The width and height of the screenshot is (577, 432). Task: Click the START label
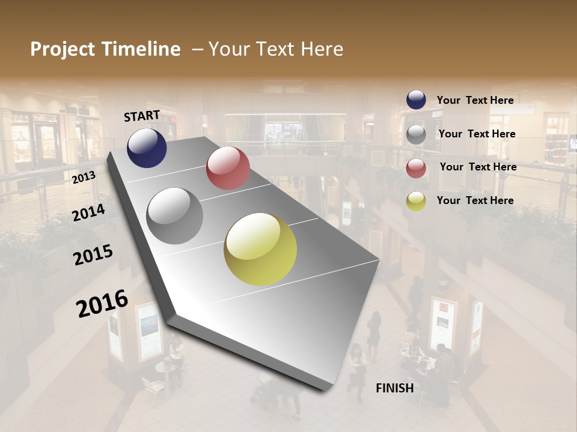pos(142,116)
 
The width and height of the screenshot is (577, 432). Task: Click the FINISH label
pos(394,388)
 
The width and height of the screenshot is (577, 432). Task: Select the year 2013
pos(84,177)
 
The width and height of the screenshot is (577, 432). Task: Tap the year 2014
pos(88,212)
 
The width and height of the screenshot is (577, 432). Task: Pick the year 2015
pos(93,255)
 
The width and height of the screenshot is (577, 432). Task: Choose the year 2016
pos(102,303)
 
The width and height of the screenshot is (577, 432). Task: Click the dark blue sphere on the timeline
pos(147,148)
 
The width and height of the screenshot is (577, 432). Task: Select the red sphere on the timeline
pos(228,168)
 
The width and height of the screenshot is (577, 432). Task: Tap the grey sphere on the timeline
pos(174,216)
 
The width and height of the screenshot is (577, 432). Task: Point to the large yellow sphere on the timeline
pos(260,249)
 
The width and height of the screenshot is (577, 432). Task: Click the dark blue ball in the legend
pos(416,100)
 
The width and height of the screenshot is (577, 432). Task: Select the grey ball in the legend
pos(416,134)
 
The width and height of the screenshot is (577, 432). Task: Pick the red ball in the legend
pos(416,168)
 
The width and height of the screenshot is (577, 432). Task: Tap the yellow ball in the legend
pos(416,201)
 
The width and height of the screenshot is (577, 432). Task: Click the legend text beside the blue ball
pos(475,100)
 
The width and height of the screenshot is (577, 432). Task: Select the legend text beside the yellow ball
pos(475,200)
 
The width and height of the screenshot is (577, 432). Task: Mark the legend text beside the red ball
pos(478,167)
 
